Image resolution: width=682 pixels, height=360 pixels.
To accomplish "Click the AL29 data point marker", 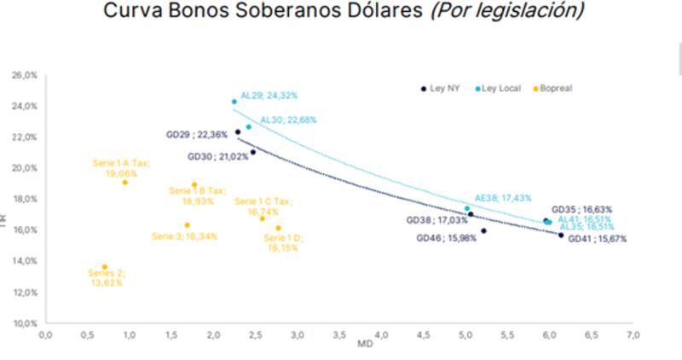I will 234,102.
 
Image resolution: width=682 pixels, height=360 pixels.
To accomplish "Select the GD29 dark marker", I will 238,132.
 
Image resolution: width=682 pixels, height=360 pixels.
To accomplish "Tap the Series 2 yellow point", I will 105,267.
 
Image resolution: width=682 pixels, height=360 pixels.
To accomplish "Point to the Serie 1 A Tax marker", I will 125,182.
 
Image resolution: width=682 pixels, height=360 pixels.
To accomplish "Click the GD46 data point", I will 483,230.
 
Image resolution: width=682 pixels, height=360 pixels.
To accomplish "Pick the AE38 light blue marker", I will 467,208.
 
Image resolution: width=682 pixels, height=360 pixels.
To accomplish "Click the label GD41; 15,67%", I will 598,239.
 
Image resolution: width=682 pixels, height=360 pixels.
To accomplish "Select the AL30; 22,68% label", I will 288,120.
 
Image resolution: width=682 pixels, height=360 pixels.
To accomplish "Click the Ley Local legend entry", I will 499,88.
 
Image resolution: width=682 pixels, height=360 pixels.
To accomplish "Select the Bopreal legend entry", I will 555,88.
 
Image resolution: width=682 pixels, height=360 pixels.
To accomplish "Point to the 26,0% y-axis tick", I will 24,75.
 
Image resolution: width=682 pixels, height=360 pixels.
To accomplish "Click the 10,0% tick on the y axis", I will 24,323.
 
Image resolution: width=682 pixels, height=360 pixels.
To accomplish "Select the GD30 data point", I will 253,152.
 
